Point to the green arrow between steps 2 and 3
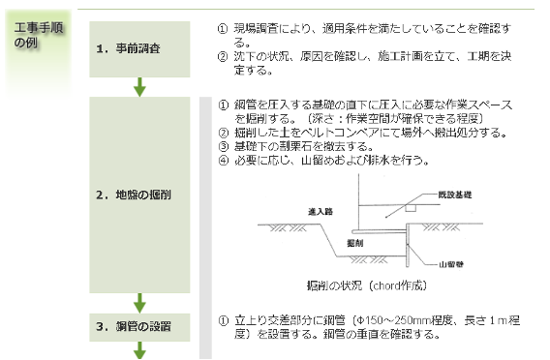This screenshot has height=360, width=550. pyautogui.click(x=139, y=301)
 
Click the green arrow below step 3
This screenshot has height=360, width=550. pyautogui.click(x=139, y=350)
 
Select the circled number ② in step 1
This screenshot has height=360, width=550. pyautogui.click(x=224, y=57)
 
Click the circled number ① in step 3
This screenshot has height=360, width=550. pyautogui.click(x=224, y=318)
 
